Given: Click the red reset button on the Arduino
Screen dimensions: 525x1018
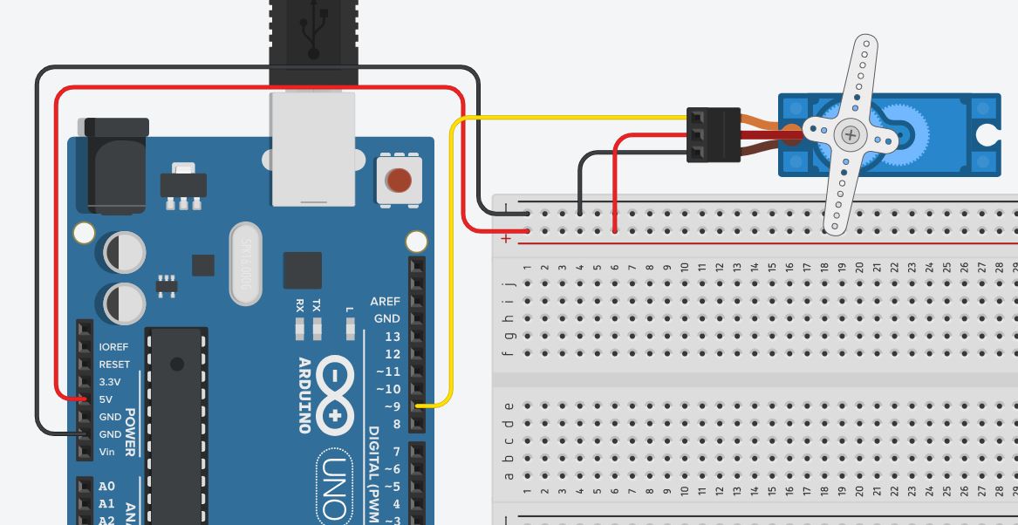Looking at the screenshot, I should [398, 181].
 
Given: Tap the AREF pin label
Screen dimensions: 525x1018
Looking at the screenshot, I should [385, 301].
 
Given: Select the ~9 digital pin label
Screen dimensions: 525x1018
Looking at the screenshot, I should [388, 406].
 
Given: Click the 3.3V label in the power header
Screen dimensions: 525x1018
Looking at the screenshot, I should [110, 382].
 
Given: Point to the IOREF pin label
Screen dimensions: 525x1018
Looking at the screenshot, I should [113, 347].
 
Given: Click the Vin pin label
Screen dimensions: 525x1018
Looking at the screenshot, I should [106, 452].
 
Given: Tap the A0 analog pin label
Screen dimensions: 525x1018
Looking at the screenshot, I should [106, 487].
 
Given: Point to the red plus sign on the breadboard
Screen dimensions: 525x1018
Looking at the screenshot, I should [506, 239].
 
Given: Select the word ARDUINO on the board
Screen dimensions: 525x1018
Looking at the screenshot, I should [305, 395].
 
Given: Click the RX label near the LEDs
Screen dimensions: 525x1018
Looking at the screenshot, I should [300, 305].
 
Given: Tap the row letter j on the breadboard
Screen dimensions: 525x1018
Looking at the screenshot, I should [509, 283].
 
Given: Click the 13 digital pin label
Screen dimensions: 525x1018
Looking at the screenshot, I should [393, 337].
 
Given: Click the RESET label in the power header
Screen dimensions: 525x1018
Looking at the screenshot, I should [114, 365].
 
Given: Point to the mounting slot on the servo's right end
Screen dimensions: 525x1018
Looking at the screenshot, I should [990, 134].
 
